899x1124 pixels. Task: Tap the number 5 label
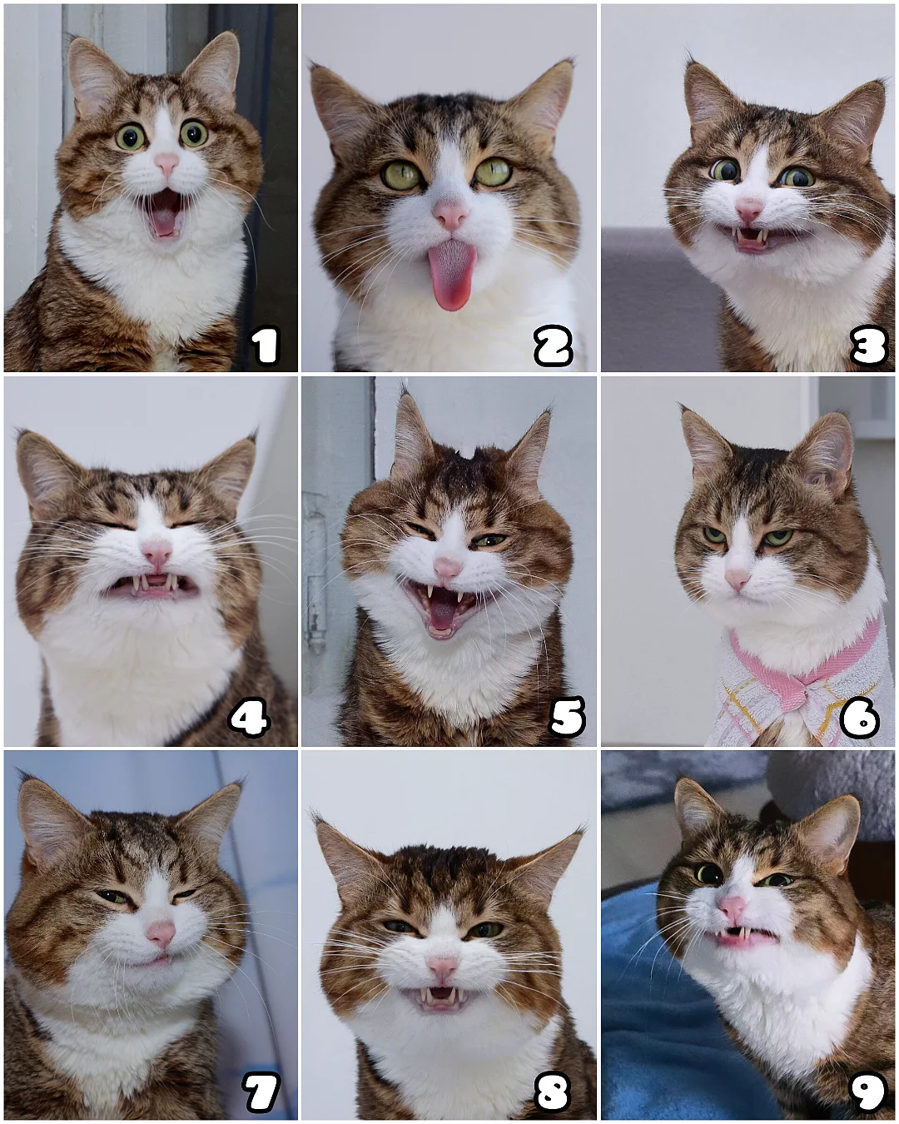(566, 717)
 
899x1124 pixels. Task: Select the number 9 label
(867, 1091)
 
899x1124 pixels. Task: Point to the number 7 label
(261, 1092)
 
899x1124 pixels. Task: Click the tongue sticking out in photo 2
(452, 275)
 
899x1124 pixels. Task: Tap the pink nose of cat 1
(166, 164)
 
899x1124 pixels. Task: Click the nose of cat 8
(443, 966)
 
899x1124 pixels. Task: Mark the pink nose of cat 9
(732, 907)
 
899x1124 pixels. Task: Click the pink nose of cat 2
(451, 215)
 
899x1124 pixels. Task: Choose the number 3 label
(868, 346)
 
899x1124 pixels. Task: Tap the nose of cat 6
(737, 579)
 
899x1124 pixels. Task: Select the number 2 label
(554, 346)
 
